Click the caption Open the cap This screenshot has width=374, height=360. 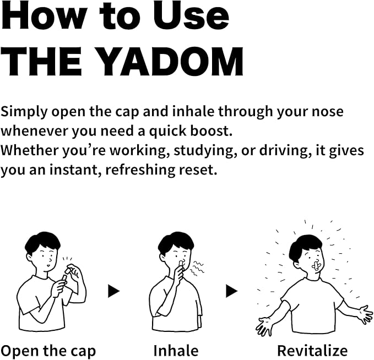(48, 351)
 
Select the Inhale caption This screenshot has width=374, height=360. (176, 351)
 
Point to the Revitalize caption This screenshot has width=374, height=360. (312, 351)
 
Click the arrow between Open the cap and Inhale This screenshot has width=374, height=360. (114, 291)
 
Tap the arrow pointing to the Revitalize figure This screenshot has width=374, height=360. (231, 291)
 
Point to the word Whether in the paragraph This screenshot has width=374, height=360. (30, 150)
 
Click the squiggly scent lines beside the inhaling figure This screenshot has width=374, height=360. (197, 269)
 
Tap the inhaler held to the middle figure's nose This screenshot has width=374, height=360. (181, 265)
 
